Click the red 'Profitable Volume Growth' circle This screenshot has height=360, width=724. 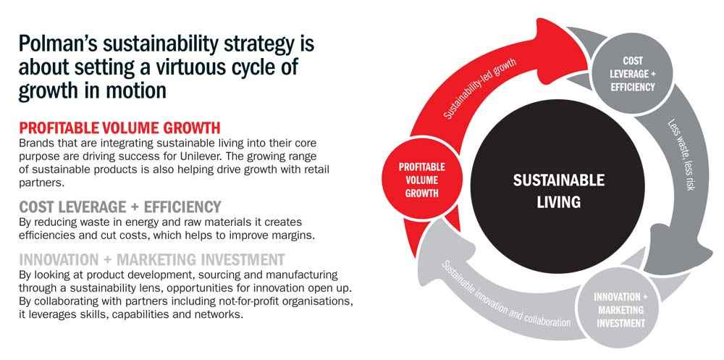coord(421,180)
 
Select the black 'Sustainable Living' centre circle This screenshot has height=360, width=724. coord(558,186)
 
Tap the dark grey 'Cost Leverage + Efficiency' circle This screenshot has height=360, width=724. coord(632,73)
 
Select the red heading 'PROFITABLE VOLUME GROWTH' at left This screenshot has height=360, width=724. coord(119,127)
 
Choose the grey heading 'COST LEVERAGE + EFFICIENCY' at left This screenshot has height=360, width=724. coord(120,206)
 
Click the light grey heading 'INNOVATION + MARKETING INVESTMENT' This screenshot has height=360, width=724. coord(152,259)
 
